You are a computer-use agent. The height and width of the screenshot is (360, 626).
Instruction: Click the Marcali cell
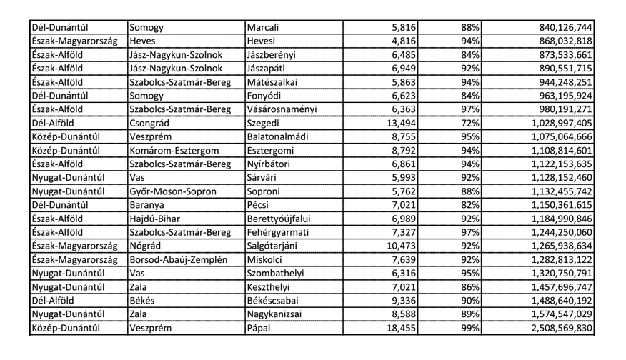coord(262,28)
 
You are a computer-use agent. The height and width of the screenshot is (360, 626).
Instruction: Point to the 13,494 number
coord(401,123)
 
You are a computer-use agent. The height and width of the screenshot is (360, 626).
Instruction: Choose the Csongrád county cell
coord(149,123)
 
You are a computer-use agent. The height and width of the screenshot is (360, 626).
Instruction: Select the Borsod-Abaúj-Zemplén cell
coord(175,259)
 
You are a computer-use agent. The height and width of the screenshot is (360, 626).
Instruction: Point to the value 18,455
coord(401,328)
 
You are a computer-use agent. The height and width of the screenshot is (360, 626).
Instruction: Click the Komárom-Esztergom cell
coord(174,151)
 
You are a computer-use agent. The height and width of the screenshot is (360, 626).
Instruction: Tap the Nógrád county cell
coord(145,246)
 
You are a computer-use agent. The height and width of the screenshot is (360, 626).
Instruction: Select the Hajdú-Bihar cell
coord(156,219)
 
